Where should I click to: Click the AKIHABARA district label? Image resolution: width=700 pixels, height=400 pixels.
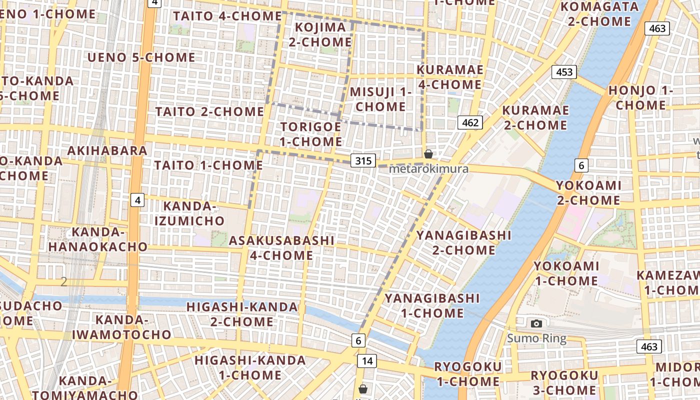point(107,150)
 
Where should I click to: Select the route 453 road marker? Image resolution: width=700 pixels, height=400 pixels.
point(564,72)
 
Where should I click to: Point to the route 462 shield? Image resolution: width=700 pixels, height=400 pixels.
point(470,122)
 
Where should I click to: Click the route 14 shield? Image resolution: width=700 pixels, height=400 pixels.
point(367,360)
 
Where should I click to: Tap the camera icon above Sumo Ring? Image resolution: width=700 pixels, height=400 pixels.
point(536,323)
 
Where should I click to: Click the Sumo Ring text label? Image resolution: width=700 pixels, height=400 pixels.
point(536,338)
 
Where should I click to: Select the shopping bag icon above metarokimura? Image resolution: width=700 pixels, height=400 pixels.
point(428,154)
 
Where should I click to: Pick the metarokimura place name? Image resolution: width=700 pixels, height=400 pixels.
point(428,168)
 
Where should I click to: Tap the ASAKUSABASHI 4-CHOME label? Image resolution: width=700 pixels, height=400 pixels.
point(281,248)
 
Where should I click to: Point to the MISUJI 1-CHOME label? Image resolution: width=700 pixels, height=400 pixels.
point(380,99)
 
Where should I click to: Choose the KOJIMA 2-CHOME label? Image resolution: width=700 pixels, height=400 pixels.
point(320,34)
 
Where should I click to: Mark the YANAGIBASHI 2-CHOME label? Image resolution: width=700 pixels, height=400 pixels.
point(463,242)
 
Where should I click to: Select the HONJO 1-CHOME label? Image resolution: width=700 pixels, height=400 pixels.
point(640,98)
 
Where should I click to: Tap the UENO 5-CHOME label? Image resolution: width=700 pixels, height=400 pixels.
point(141,57)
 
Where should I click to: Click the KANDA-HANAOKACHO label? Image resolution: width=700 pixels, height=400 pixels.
point(97,239)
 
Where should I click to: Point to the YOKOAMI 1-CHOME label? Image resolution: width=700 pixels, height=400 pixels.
point(566,273)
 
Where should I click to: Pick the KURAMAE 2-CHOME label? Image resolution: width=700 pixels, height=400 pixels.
point(535,117)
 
